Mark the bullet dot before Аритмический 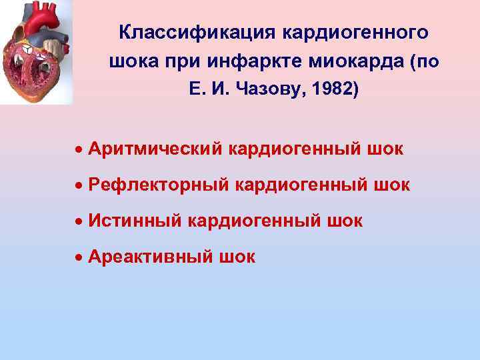pyautogui.click(x=79, y=149)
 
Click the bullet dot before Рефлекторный pyautogui.click(x=79, y=185)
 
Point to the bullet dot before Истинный pyautogui.click(x=79, y=221)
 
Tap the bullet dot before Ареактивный pyautogui.click(x=79, y=257)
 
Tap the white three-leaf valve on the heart pyautogui.click(x=28, y=51)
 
